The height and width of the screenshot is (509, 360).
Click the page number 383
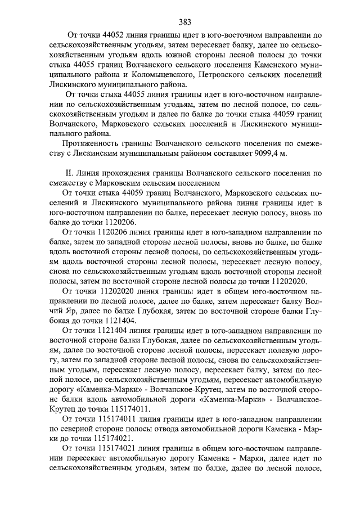click(x=185, y=22)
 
